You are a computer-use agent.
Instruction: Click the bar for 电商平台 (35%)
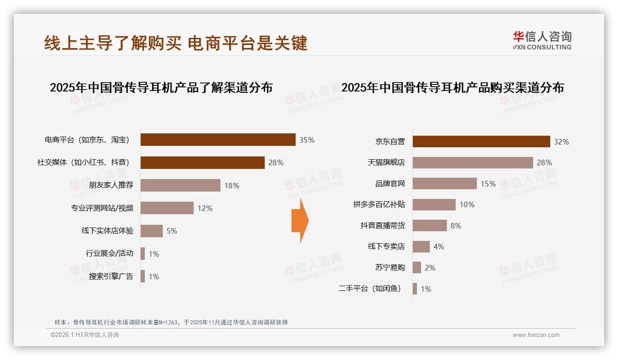point(218,140)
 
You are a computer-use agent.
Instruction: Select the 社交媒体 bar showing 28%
point(202,162)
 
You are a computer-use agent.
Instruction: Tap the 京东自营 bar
point(481,141)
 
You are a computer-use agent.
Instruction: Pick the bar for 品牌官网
point(445,184)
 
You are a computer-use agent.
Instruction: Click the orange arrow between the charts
point(300,221)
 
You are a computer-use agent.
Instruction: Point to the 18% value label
point(232,186)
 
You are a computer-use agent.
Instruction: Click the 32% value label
point(561,142)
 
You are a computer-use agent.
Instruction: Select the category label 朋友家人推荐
point(111,186)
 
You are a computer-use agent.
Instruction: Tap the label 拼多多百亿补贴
point(379,204)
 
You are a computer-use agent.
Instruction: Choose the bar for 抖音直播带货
point(429,226)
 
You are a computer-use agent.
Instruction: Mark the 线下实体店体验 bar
point(151,231)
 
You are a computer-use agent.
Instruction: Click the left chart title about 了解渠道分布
point(161,88)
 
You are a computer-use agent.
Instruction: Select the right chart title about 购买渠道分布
point(452,88)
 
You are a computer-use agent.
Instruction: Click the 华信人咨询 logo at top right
point(542,41)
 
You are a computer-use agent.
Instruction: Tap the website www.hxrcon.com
point(536,335)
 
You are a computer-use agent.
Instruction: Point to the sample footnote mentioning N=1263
point(171,322)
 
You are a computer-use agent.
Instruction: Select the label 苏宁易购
point(390,268)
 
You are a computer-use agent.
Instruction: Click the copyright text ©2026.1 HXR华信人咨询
point(84,335)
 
